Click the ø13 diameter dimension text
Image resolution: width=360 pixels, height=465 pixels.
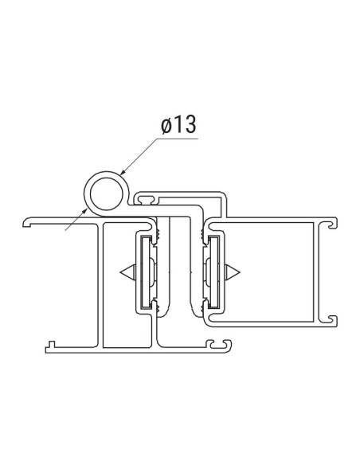point(178,126)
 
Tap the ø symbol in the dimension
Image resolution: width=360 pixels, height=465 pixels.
point(165,126)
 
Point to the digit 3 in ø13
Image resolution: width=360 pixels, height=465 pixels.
point(189,126)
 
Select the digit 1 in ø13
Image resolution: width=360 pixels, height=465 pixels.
point(178,126)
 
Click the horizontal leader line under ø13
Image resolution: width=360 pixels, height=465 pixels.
point(171,139)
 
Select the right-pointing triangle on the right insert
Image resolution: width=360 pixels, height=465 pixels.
point(235,273)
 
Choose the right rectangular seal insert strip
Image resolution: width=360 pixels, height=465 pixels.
point(215,273)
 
